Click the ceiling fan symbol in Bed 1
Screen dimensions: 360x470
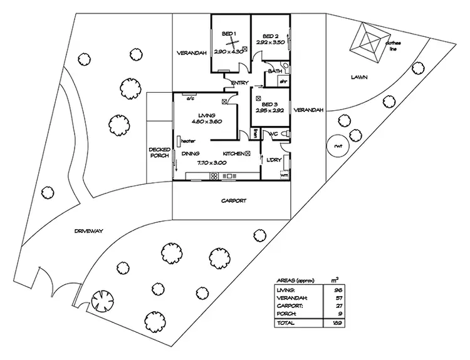(x=232, y=43)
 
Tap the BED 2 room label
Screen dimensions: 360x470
(x=271, y=36)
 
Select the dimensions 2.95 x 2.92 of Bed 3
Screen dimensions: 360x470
(x=271, y=110)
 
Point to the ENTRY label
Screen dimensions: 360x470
(x=239, y=83)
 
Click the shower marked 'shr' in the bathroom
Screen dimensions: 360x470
(x=283, y=81)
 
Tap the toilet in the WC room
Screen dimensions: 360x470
(x=286, y=134)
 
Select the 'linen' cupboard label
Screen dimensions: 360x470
(x=256, y=133)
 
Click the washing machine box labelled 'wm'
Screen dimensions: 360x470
(x=284, y=175)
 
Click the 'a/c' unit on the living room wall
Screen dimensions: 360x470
(x=188, y=98)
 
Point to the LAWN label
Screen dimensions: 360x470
(x=358, y=78)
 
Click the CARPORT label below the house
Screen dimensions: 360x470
(x=232, y=201)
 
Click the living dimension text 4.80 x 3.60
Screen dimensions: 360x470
(x=206, y=122)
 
